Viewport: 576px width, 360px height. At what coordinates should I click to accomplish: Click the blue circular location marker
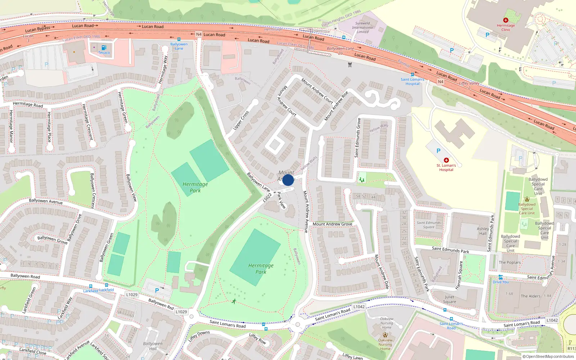(x=288, y=180)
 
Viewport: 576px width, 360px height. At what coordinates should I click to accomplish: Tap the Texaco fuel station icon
(x=104, y=48)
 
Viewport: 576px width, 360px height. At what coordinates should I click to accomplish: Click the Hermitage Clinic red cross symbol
(x=506, y=21)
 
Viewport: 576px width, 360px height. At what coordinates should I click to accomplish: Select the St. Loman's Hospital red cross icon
(x=446, y=160)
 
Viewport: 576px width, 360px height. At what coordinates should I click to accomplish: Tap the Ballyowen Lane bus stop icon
(x=179, y=40)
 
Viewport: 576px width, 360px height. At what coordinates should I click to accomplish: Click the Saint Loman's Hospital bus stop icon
(x=413, y=75)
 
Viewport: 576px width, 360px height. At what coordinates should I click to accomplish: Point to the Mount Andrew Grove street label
(x=332, y=224)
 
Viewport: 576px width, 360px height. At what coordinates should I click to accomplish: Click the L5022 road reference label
(x=267, y=197)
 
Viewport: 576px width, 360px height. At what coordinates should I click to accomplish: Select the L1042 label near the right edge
(x=552, y=320)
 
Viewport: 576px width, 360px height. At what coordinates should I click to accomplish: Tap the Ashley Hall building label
(x=483, y=231)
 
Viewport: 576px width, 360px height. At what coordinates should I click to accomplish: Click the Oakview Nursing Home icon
(x=385, y=335)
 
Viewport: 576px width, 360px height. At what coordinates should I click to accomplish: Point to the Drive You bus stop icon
(x=500, y=277)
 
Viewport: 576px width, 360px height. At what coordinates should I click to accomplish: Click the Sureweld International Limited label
(x=363, y=27)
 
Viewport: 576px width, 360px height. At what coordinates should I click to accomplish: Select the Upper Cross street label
(x=241, y=121)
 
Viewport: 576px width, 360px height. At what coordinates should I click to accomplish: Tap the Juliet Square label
(x=449, y=300)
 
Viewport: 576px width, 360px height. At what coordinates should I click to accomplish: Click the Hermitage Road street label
(x=28, y=104)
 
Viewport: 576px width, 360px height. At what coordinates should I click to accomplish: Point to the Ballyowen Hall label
(x=153, y=346)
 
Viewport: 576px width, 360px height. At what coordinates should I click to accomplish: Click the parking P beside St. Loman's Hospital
(x=438, y=151)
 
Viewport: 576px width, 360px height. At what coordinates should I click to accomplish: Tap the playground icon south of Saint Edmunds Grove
(x=362, y=179)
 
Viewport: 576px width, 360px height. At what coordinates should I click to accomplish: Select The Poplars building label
(x=509, y=262)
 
